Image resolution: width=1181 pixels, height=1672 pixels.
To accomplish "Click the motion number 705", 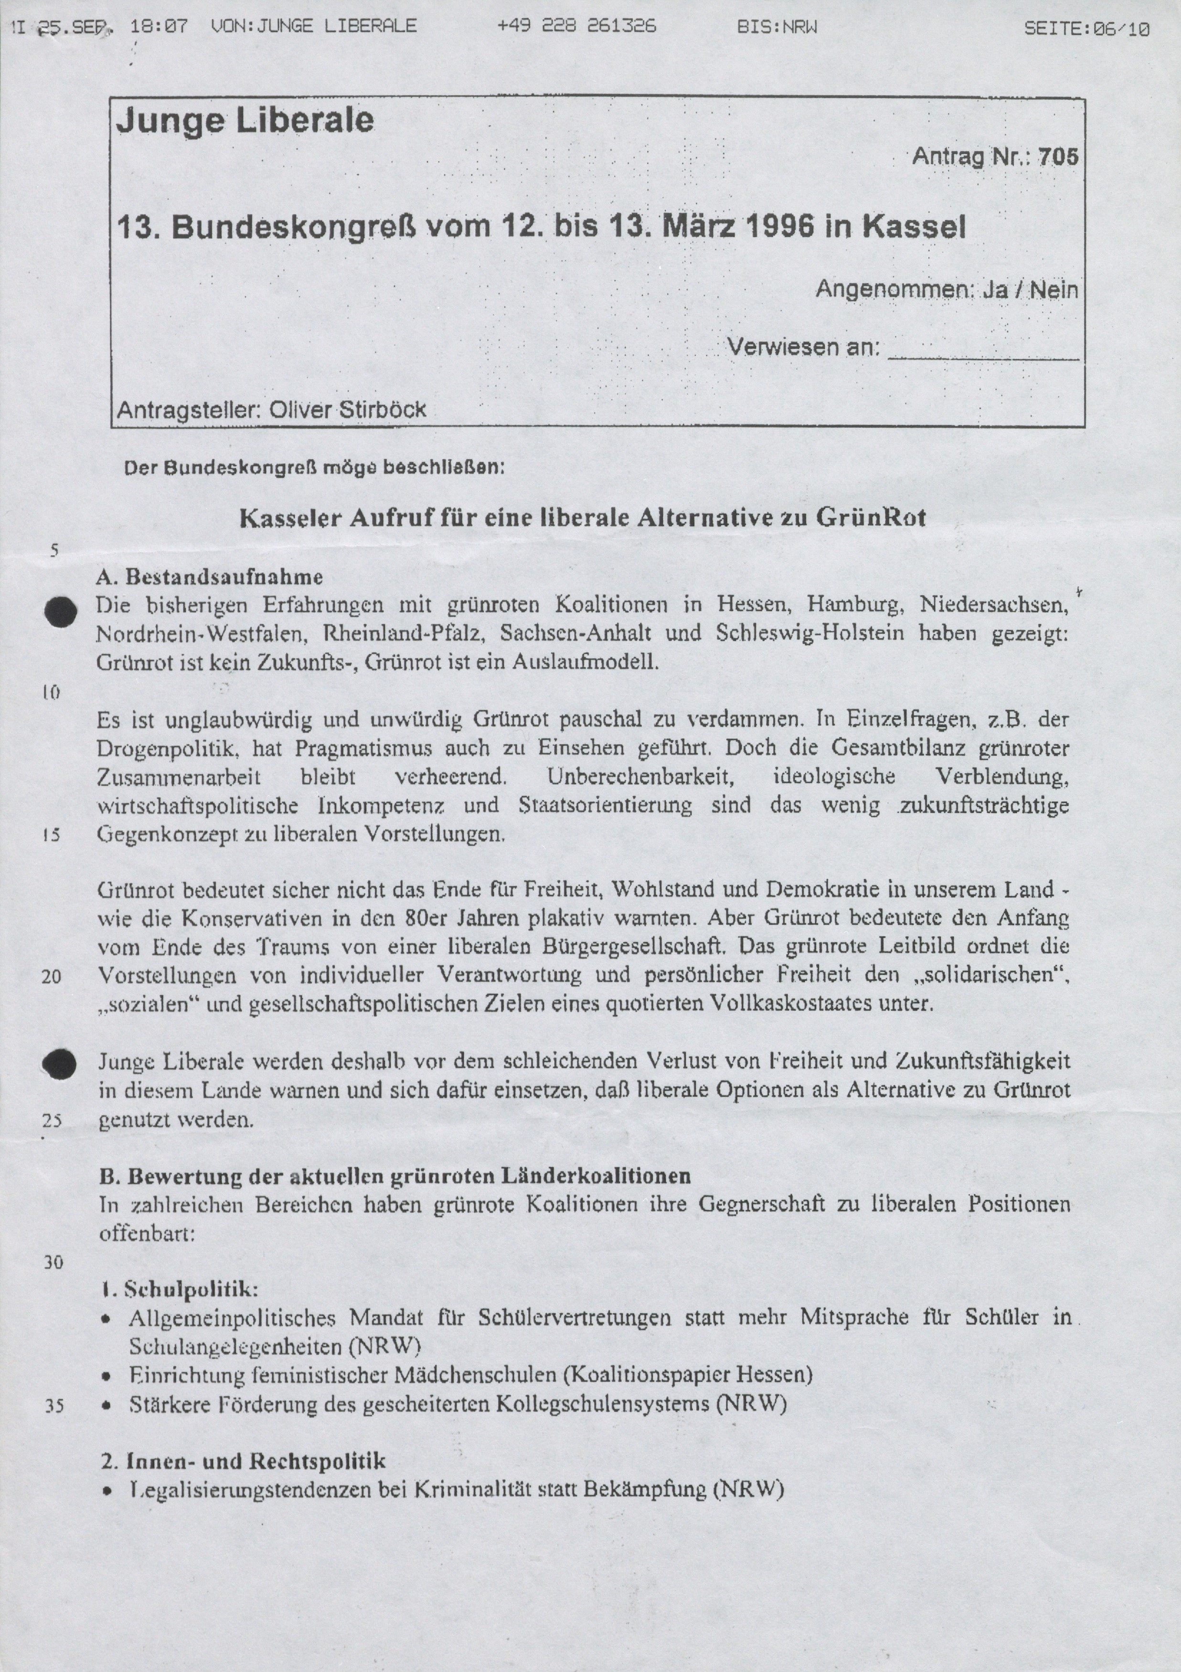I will click(1058, 157).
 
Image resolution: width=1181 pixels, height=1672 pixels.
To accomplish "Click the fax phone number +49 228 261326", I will click(577, 27).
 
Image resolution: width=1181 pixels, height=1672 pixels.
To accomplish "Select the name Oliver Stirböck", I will click(347, 410).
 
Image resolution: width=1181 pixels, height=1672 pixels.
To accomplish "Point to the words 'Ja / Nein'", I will click(1030, 290).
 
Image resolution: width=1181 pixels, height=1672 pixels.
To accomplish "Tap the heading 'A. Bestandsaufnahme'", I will click(210, 577).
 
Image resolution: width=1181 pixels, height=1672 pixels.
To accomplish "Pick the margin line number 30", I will click(53, 1262).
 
